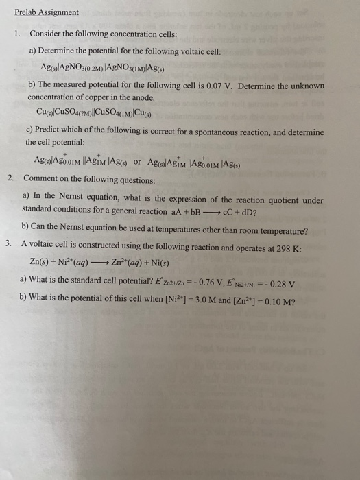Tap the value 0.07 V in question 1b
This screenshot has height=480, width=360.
point(243,86)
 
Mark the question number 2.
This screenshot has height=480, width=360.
point(10,178)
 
